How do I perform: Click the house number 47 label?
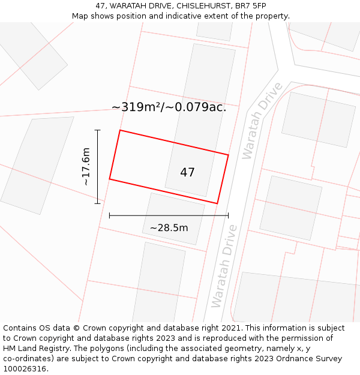(187, 173)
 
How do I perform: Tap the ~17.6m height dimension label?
(86, 166)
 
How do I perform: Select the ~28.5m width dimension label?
(169, 228)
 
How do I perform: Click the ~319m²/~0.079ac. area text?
(169, 107)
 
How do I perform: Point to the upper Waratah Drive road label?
(262, 121)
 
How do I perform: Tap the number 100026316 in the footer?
(25, 369)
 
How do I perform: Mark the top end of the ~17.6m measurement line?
(98, 130)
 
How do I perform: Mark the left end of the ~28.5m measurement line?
(109, 215)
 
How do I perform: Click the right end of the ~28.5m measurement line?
(229, 215)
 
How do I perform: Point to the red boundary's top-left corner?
(120, 130)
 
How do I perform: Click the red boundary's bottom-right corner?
(217, 203)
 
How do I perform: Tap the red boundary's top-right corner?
(229, 155)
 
